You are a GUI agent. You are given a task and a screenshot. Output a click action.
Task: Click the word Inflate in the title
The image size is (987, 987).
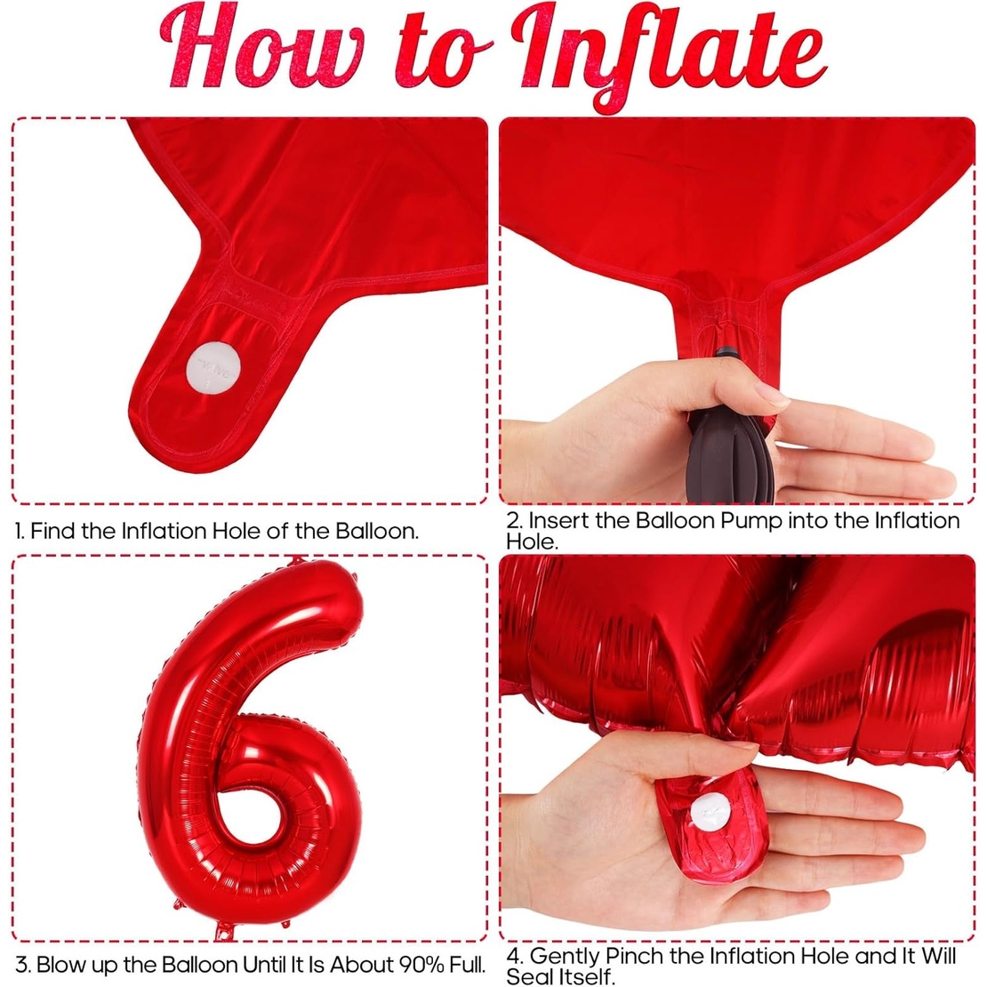[671, 53]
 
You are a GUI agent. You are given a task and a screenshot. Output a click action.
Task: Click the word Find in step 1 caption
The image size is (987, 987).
[53, 532]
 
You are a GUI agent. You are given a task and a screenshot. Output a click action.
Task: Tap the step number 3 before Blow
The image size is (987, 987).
[22, 964]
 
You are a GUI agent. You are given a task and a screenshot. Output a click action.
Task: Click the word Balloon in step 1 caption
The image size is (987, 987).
[377, 532]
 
